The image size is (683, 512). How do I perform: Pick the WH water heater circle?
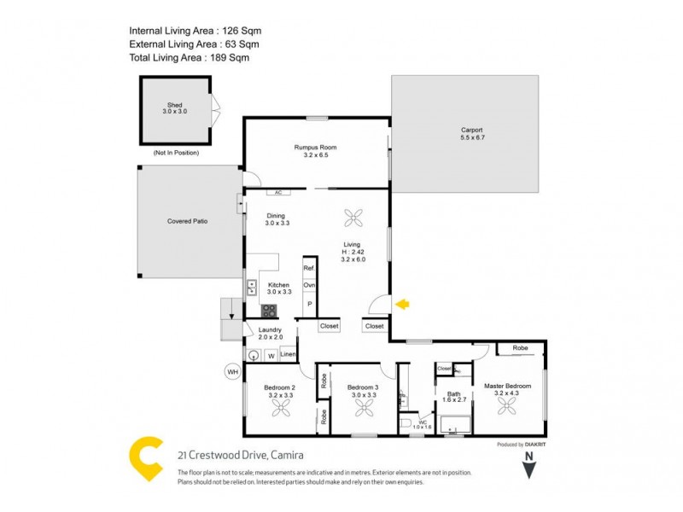(231, 371)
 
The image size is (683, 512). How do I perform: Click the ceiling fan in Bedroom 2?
(281, 410)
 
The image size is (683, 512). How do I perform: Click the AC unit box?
(277, 193)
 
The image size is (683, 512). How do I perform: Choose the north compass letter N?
(529, 457)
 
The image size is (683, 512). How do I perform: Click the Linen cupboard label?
(288, 354)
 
